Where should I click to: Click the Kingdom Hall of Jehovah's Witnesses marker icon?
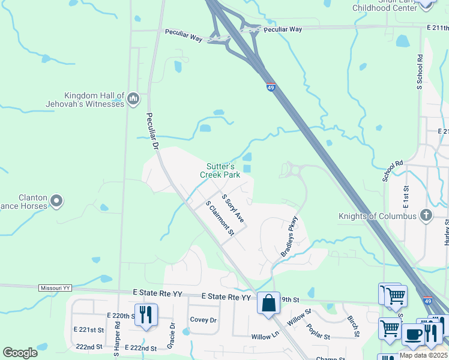pyautogui.click(x=133, y=98)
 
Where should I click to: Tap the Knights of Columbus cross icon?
pyautogui.click(x=426, y=215)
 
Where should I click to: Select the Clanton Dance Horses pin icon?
pyautogui.click(x=56, y=201)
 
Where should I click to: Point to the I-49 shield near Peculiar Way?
pyautogui.click(x=271, y=87)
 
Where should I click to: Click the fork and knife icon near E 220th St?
pyautogui.click(x=146, y=314)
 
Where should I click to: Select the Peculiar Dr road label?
pyautogui.click(x=151, y=131)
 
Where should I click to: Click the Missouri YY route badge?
pyautogui.click(x=55, y=288)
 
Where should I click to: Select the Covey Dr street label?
pyautogui.click(x=203, y=320)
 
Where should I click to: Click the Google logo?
pyautogui.click(x=20, y=352)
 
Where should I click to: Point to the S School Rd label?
pyautogui.click(x=420, y=73)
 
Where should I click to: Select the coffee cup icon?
pyautogui.click(x=412, y=334)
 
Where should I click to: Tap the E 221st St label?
pyautogui.click(x=89, y=330)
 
